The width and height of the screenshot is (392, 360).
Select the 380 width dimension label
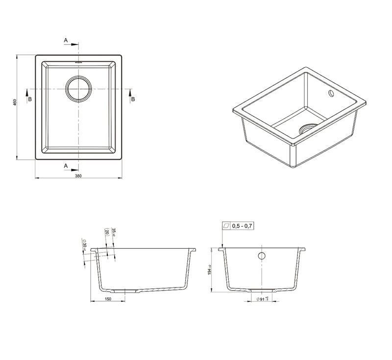[x=78, y=175]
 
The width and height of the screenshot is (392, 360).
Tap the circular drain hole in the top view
[x=78, y=89]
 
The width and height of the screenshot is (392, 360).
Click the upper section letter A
[x=66, y=40]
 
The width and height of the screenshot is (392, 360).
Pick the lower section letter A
[x=66, y=166]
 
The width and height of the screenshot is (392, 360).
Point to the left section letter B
[x=30, y=99]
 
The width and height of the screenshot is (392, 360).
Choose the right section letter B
[x=132, y=99]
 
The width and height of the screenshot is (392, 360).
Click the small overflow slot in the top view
[x=78, y=63]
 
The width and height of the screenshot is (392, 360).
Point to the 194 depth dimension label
[x=209, y=270]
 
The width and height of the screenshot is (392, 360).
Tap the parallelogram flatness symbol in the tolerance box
[x=226, y=226]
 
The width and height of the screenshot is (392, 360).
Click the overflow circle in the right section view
[x=261, y=256]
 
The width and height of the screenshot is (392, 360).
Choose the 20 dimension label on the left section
[x=106, y=232]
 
